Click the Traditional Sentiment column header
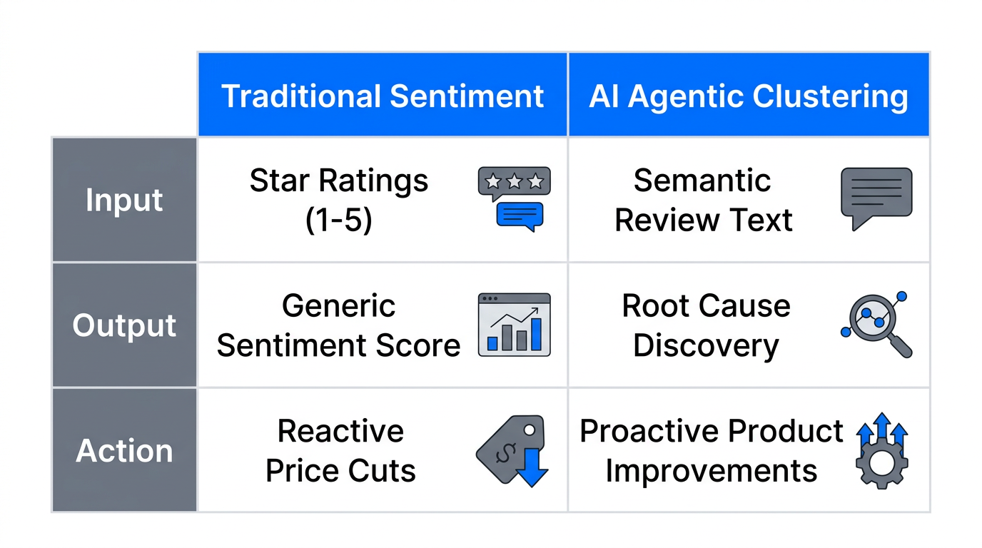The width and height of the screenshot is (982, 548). [x=383, y=96]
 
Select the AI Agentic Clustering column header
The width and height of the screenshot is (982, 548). [x=749, y=96]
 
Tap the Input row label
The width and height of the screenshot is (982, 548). [x=124, y=200]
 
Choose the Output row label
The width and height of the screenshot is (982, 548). [x=124, y=325]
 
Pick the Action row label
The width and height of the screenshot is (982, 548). [x=124, y=451]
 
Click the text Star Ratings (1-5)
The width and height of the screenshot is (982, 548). [x=339, y=201]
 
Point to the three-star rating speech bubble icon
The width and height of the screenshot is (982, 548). [x=514, y=198]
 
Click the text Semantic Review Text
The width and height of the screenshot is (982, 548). [x=703, y=201]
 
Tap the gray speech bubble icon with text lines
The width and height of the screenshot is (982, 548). [x=876, y=197]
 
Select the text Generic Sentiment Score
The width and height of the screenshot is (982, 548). [x=339, y=326]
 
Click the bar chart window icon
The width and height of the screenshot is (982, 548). [x=514, y=325]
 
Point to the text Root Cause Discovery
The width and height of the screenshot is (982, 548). [x=706, y=326]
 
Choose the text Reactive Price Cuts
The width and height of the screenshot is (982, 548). [x=340, y=451]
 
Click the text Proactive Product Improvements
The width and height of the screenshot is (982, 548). [x=712, y=451]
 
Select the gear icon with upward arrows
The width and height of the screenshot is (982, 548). [x=881, y=451]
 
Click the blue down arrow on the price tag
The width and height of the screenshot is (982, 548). [x=532, y=470]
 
